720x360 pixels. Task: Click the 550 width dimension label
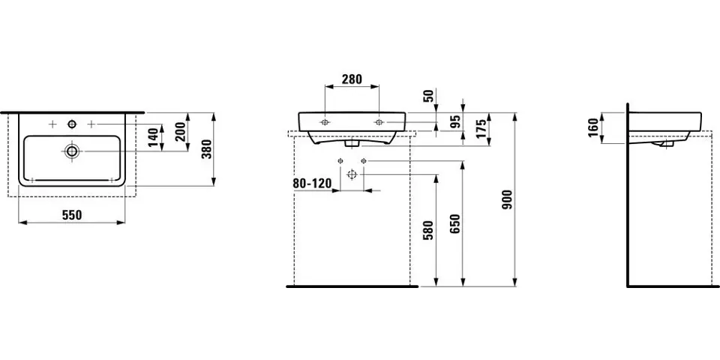71,214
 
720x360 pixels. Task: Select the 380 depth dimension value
207,148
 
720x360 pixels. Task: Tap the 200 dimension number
180,132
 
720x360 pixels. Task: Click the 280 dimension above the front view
351,79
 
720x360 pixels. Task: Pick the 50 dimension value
429,96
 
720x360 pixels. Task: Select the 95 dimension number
455,121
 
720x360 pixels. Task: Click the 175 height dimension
481,128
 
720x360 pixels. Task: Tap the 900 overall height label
508,199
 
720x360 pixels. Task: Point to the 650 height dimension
455,223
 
